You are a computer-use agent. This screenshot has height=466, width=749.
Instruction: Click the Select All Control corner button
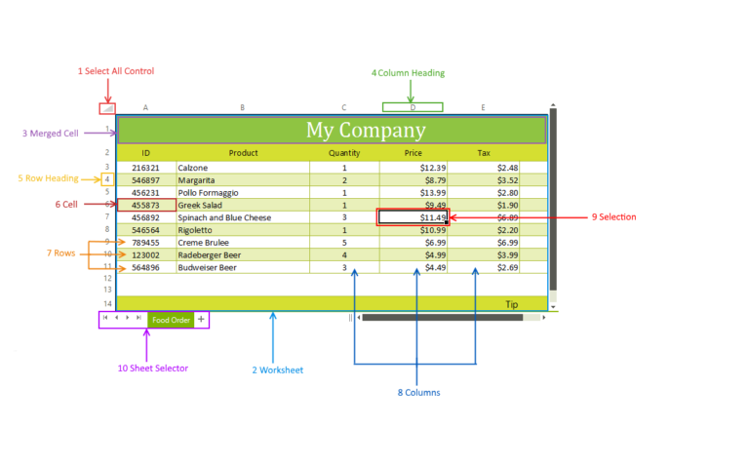pyautogui.click(x=107, y=108)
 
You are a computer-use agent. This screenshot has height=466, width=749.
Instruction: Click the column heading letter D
pyautogui.click(x=413, y=107)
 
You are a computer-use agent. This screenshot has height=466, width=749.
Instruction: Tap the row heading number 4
pyautogui.click(x=107, y=180)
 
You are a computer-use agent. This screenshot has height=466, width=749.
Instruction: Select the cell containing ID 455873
pyautogui.click(x=146, y=206)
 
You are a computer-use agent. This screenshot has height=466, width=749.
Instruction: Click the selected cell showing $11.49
pyautogui.click(x=414, y=217)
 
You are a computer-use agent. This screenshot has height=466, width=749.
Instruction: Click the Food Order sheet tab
pyautogui.click(x=171, y=320)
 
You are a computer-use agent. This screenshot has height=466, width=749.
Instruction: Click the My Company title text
pyautogui.click(x=366, y=130)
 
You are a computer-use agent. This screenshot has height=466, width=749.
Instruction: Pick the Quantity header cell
pyautogui.click(x=344, y=153)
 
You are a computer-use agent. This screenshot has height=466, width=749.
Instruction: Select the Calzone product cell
pyautogui.click(x=243, y=168)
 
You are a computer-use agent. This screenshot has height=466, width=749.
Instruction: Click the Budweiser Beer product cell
pyautogui.click(x=243, y=268)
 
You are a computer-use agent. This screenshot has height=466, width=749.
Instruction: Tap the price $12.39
pyautogui.click(x=433, y=168)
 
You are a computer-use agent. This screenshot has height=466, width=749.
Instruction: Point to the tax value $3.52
pyautogui.click(x=507, y=180)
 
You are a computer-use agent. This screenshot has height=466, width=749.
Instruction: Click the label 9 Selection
pyautogui.click(x=613, y=217)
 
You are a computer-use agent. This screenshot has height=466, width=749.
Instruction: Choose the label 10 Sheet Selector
pyautogui.click(x=153, y=369)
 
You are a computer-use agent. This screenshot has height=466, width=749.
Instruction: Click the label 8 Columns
pyautogui.click(x=419, y=393)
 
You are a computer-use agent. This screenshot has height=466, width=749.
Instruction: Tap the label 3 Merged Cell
pyautogui.click(x=50, y=134)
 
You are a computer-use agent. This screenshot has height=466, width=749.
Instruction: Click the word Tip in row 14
pyautogui.click(x=512, y=304)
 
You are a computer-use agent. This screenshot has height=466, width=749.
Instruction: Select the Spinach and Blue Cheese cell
pyautogui.click(x=243, y=217)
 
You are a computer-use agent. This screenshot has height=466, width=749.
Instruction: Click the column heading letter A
pyautogui.click(x=145, y=108)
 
